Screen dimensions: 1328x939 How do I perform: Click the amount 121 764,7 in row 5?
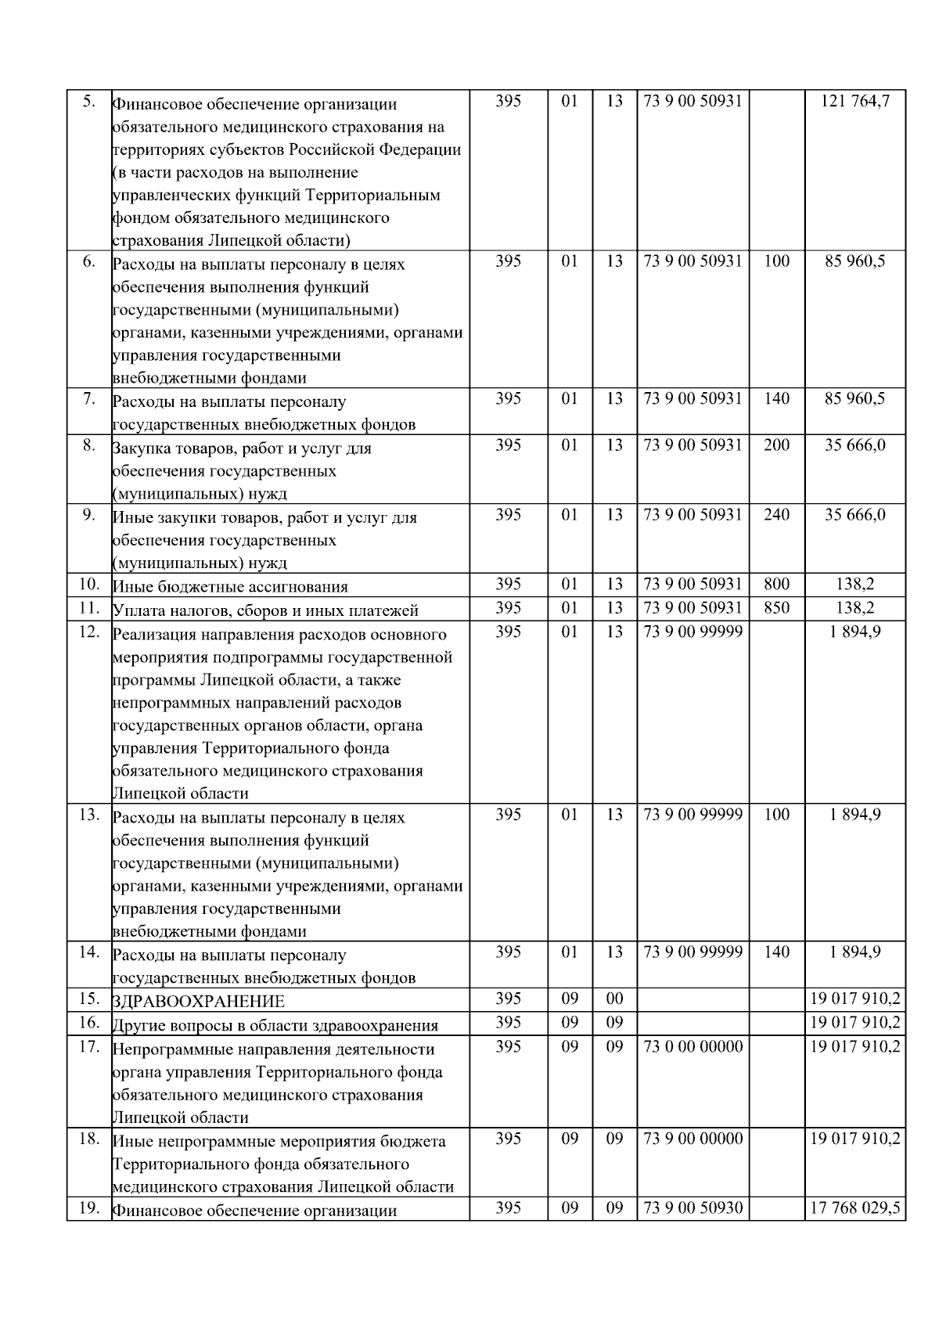tap(855, 101)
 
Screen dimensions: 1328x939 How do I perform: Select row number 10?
tap(88, 584)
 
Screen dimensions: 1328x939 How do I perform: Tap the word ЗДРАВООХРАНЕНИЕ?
tap(199, 1002)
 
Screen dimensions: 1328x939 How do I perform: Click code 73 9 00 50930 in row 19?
tap(693, 1208)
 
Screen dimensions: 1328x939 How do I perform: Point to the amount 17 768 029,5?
tap(855, 1208)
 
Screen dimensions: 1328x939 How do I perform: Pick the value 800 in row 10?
tap(776, 584)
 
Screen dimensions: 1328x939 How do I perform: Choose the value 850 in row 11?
tap(776, 607)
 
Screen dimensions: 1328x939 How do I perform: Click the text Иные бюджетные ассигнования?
tap(230, 586)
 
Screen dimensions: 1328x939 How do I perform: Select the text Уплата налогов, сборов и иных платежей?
tap(265, 610)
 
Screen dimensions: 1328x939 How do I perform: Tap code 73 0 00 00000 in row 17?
tap(693, 1046)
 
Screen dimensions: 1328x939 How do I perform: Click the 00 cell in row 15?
tap(614, 999)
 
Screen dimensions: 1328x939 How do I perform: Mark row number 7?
tap(88, 399)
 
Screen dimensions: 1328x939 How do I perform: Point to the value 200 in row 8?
tap(776, 445)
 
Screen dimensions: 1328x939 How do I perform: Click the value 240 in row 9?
tap(776, 514)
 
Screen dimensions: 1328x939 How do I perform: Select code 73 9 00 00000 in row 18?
tap(693, 1139)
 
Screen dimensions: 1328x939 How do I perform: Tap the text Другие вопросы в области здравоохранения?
tap(275, 1025)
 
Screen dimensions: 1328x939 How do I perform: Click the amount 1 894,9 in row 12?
tap(855, 631)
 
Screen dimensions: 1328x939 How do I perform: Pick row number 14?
tap(88, 952)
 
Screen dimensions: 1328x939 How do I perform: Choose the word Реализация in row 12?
tap(152, 634)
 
